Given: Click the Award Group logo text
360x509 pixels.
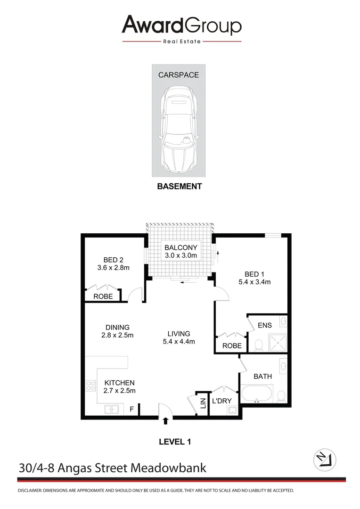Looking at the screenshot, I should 181,25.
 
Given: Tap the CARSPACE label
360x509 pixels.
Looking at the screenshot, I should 178,75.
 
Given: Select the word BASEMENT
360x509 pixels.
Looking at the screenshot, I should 179,186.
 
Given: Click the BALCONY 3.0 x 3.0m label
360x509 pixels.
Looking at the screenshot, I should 180,251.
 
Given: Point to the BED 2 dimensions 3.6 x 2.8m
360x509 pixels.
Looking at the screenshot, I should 113,268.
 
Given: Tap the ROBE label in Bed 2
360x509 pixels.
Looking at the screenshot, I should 103,297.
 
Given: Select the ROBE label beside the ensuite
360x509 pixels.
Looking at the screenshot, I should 231,345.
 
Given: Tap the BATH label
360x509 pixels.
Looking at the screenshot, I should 262,377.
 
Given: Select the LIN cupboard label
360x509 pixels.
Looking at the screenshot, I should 203,404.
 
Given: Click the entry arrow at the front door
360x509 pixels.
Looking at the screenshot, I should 165,421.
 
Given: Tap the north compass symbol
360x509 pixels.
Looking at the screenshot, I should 325,459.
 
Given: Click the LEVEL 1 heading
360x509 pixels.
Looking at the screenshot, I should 175,442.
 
